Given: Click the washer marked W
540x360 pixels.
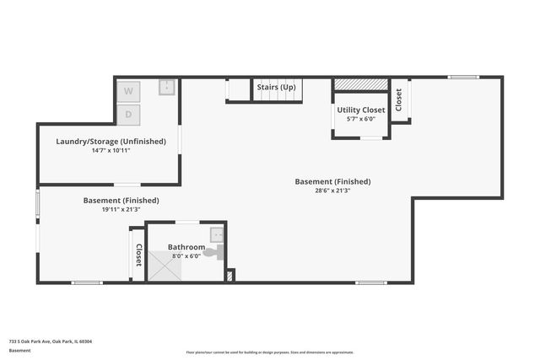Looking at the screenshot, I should click(129, 91).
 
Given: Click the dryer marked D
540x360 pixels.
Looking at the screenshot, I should click(129, 113).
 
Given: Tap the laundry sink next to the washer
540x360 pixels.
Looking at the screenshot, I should click(167, 87).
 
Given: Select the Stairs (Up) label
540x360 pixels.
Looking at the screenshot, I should click(277, 87).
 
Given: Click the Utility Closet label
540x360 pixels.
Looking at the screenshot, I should click(361, 110).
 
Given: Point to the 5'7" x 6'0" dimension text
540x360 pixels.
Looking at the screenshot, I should click(361, 119).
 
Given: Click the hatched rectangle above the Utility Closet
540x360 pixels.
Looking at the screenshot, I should click(360, 84).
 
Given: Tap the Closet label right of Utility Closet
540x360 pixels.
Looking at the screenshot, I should click(399, 99).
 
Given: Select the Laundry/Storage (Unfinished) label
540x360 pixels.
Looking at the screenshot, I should click(111, 141).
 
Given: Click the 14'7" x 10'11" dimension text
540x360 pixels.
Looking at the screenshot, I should click(111, 150).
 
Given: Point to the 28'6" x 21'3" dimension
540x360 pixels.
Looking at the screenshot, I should click(332, 191).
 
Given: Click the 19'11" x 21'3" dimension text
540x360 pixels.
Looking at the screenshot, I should click(121, 209).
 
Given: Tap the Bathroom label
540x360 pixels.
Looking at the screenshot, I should click(186, 247).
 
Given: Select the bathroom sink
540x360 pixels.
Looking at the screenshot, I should click(217, 234).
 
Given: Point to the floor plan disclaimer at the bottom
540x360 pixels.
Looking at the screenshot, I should click(270, 352).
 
